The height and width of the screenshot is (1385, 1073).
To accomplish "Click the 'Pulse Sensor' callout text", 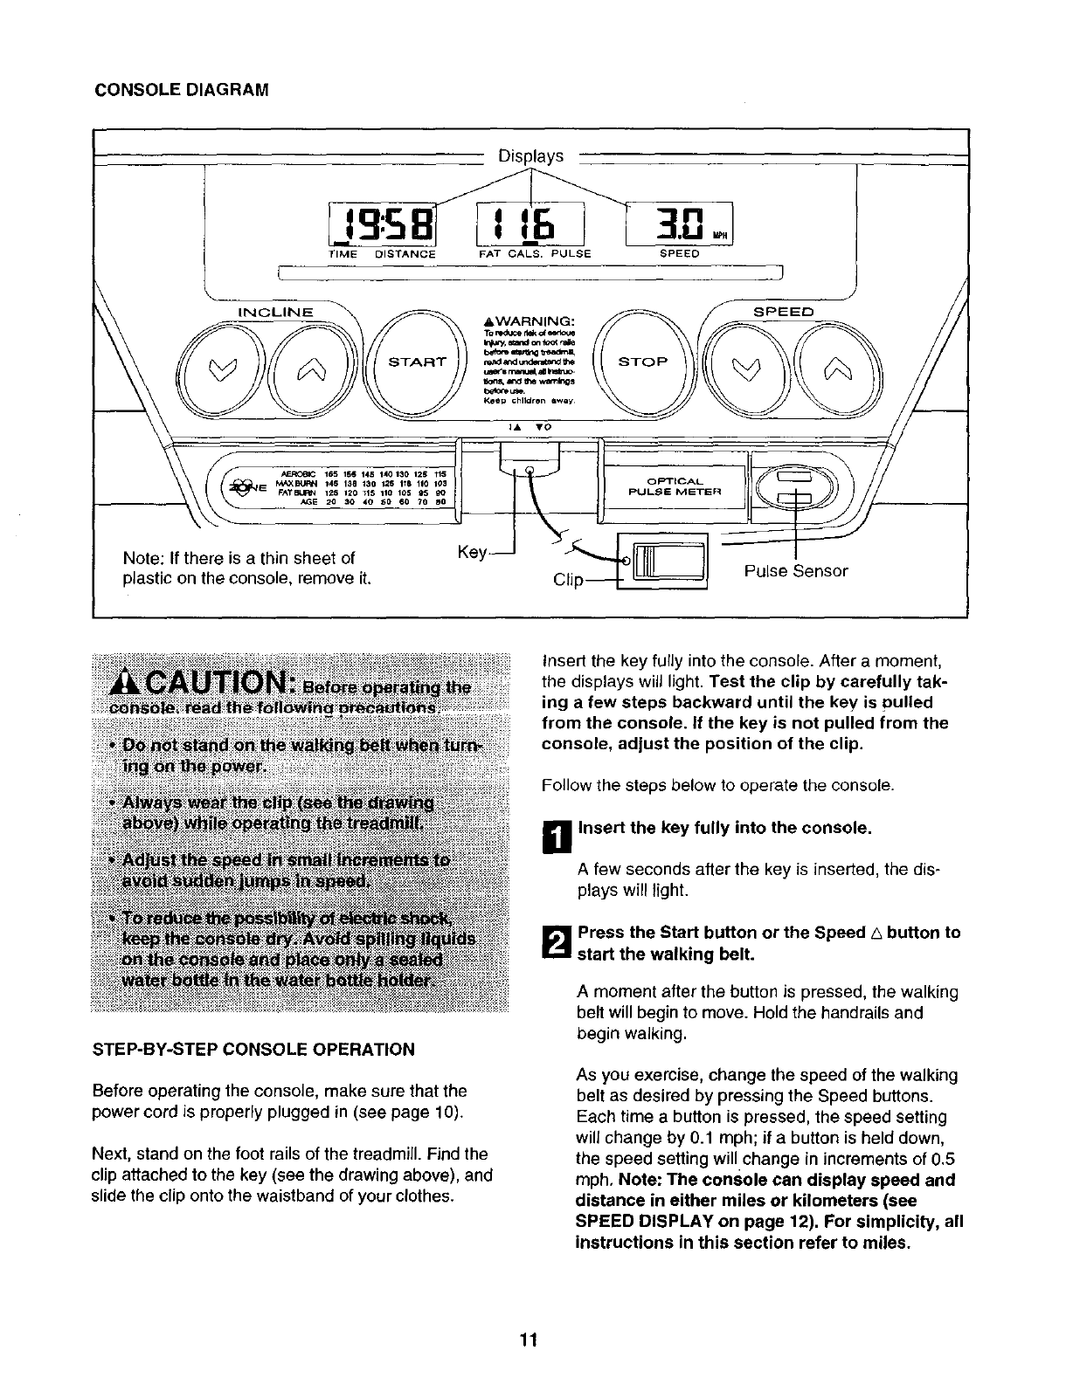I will point(796,571).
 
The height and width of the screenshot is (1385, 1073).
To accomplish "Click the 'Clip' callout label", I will point(569,581).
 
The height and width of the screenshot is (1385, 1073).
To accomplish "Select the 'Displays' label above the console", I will point(531,157).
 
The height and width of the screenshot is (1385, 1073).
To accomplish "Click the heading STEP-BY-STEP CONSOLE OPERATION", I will point(253,1049).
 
